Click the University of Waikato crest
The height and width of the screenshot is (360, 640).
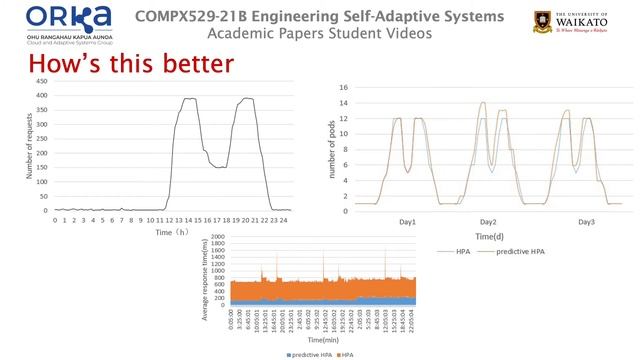(547, 22)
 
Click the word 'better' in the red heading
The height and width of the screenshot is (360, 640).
(195, 65)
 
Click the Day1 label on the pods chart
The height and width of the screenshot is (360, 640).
(407, 221)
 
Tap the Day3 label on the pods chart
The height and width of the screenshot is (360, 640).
(587, 221)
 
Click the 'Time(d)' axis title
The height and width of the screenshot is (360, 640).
(489, 236)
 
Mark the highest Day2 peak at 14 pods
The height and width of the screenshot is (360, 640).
(483, 103)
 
